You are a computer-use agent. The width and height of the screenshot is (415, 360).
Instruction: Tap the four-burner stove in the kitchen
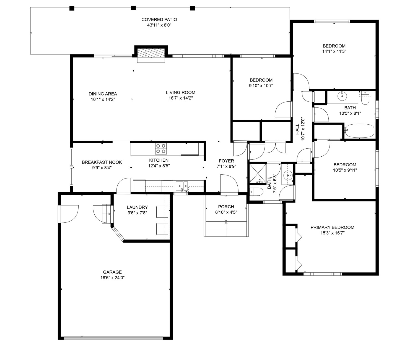(x=161, y=148)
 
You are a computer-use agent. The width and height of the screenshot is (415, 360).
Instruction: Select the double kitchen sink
(x=182, y=186)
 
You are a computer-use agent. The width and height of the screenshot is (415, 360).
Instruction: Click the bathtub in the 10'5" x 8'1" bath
(x=360, y=131)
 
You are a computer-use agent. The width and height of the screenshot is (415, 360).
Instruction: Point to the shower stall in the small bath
(x=258, y=173)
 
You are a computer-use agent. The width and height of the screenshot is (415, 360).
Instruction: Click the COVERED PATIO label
(x=159, y=20)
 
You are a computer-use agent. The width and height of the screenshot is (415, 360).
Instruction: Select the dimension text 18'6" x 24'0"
(x=112, y=278)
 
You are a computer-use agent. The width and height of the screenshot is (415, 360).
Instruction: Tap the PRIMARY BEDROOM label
(x=332, y=227)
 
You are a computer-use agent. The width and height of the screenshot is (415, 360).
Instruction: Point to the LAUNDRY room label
(x=137, y=207)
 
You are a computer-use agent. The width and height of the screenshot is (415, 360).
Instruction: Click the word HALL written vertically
(x=297, y=129)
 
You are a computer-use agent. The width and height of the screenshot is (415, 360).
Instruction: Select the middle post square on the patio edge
(x=133, y=8)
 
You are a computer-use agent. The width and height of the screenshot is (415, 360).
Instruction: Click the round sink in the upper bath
(x=342, y=96)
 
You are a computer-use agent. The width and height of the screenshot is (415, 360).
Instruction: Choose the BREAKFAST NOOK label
(x=102, y=162)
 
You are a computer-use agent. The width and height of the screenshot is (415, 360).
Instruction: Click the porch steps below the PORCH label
(x=226, y=229)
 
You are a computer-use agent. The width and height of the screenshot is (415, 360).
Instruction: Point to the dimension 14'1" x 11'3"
(x=334, y=51)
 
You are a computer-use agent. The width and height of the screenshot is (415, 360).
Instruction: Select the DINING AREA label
(x=103, y=94)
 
